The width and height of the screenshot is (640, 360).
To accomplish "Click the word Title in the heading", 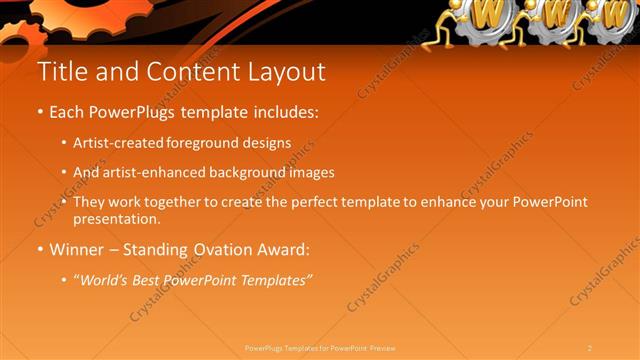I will pyautogui.click(x=60, y=73).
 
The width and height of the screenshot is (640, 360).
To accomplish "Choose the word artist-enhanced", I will pyautogui.click(x=153, y=172).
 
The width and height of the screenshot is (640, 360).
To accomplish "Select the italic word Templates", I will pyautogui.click(x=272, y=280).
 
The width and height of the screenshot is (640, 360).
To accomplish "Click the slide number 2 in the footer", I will pyautogui.click(x=590, y=348).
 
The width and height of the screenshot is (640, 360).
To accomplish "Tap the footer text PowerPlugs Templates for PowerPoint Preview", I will pyautogui.click(x=320, y=348).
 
